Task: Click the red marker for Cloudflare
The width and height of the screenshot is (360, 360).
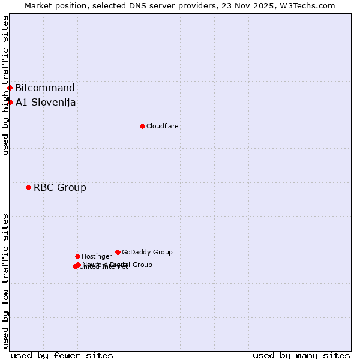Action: coord(142,126)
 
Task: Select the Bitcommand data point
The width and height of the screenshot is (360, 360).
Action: coord(10,88)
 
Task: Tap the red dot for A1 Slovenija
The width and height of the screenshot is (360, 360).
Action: coord(10,102)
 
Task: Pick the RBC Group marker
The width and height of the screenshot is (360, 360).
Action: coord(28,187)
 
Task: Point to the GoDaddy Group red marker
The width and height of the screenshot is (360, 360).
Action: coord(118,252)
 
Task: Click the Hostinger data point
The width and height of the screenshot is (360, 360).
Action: coord(77,256)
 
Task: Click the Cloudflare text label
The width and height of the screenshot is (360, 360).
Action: coord(163,126)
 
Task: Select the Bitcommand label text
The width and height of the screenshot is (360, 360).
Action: coord(45,88)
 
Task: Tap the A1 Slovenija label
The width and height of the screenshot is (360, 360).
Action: coord(46,102)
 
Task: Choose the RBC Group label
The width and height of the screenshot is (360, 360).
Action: coord(60,187)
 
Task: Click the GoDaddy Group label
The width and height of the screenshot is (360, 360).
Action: coord(147,252)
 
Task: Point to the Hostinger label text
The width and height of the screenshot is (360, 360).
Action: coord(97,256)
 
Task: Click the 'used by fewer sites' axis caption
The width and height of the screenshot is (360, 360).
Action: coord(62,355)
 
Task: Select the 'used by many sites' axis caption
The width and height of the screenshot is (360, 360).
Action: coord(301,355)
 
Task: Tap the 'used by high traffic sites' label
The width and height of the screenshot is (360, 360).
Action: coord(5,85)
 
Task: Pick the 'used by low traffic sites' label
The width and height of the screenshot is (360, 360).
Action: coord(5,280)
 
